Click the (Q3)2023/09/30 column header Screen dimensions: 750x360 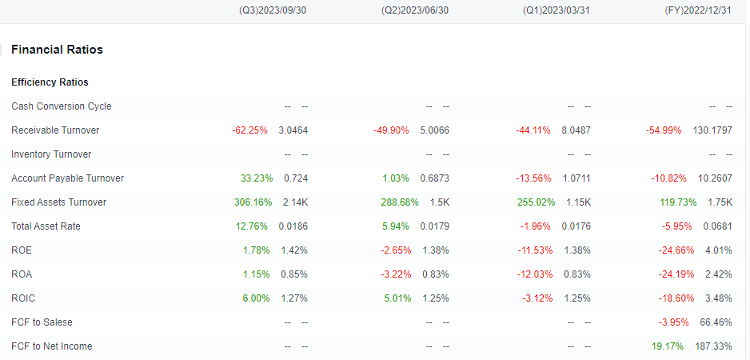tap(272, 10)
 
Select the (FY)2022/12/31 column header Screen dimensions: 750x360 tap(698, 10)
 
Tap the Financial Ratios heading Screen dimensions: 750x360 tap(57, 50)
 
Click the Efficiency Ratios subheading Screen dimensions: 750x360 tap(50, 82)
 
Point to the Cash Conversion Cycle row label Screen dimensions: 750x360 tap(62, 106)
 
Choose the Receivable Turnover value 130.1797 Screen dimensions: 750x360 tap(712, 130)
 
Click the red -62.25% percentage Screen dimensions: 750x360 tap(249, 130)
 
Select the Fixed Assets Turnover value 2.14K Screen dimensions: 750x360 tap(295, 202)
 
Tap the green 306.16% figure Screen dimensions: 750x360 tap(253, 202)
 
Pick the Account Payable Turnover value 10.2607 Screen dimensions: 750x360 tap(715, 178)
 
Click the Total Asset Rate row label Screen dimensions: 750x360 tap(46, 226)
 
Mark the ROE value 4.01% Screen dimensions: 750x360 tap(719, 250)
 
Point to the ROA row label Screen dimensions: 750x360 tap(22, 274)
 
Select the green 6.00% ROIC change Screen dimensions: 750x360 tap(256, 298)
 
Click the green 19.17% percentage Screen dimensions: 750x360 tap(668, 346)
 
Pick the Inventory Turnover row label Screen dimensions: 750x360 tap(51, 154)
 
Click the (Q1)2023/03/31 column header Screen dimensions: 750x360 tap(557, 10)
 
